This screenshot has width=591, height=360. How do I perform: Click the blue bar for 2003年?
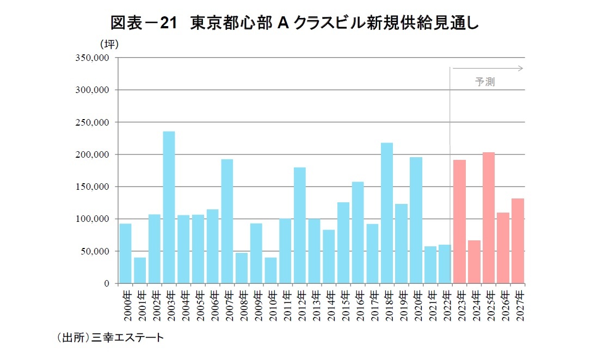[169, 207]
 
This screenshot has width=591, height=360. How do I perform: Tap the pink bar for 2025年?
[488, 218]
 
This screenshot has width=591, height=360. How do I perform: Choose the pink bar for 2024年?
[474, 262]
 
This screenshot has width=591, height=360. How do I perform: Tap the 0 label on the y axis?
[107, 283]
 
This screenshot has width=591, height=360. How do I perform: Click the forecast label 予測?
[484, 82]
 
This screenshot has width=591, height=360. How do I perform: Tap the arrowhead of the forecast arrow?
[521, 69]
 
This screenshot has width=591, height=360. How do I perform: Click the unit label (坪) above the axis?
[108, 44]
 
